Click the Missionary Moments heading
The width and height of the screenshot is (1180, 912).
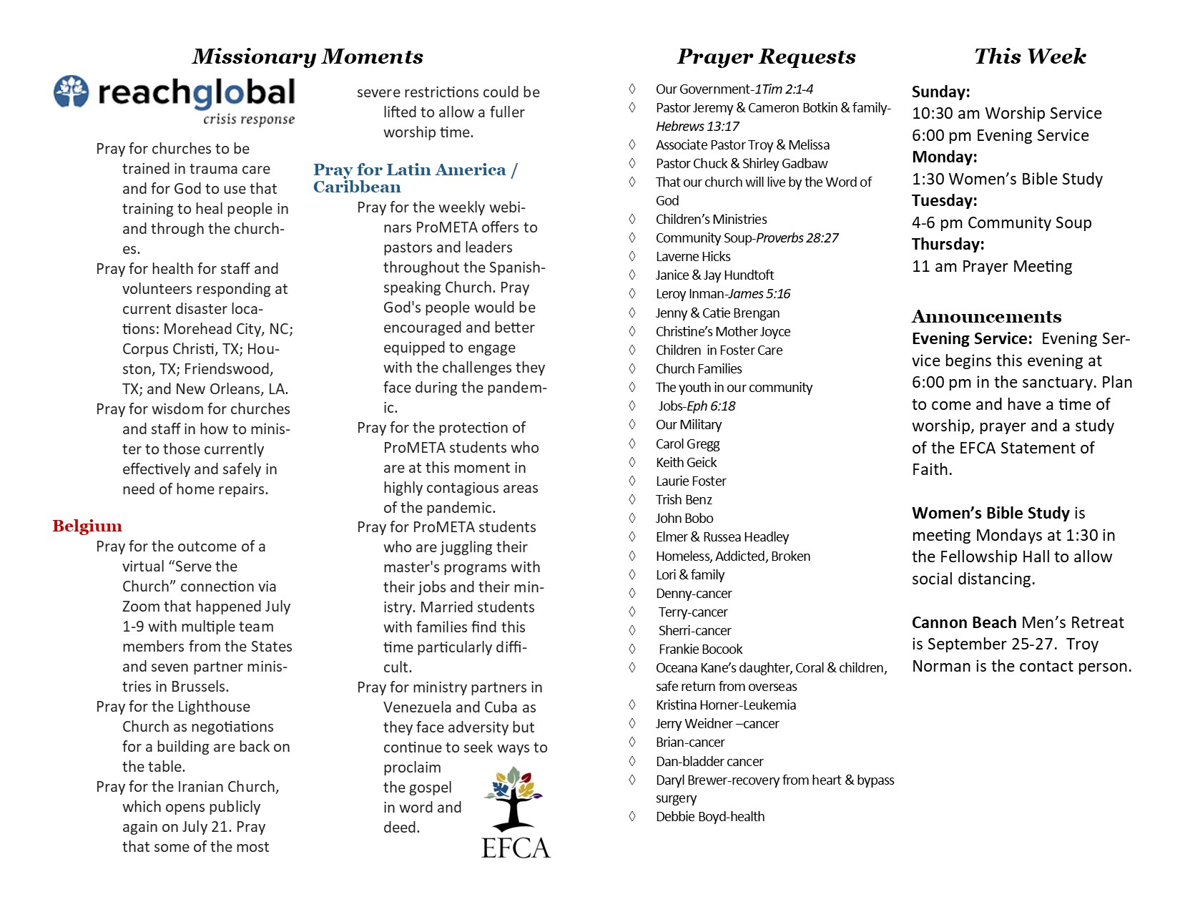point(308,57)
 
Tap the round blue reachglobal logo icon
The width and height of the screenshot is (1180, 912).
point(72,92)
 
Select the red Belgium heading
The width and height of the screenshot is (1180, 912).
point(87,526)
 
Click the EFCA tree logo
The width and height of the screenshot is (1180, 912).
point(515,813)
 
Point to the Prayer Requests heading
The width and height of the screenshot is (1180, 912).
point(766,57)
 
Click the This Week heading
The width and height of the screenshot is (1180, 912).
point(1030,57)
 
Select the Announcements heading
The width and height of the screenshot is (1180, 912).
point(986,317)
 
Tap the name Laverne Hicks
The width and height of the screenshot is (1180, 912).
point(693,257)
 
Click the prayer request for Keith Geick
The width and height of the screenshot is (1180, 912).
point(686,463)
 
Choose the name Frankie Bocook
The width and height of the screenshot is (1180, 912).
point(700,649)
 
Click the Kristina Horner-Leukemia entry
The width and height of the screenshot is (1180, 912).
point(725,705)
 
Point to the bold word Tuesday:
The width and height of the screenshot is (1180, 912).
point(944,201)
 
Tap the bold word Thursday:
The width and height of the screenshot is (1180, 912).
point(948,245)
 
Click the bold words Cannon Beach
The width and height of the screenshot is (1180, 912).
point(963,623)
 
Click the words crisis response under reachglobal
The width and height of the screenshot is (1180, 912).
point(248,119)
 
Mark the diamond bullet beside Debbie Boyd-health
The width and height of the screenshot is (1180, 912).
point(632,816)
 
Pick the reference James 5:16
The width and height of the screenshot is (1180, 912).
point(759,294)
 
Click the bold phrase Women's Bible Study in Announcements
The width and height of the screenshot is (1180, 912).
point(990,514)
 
